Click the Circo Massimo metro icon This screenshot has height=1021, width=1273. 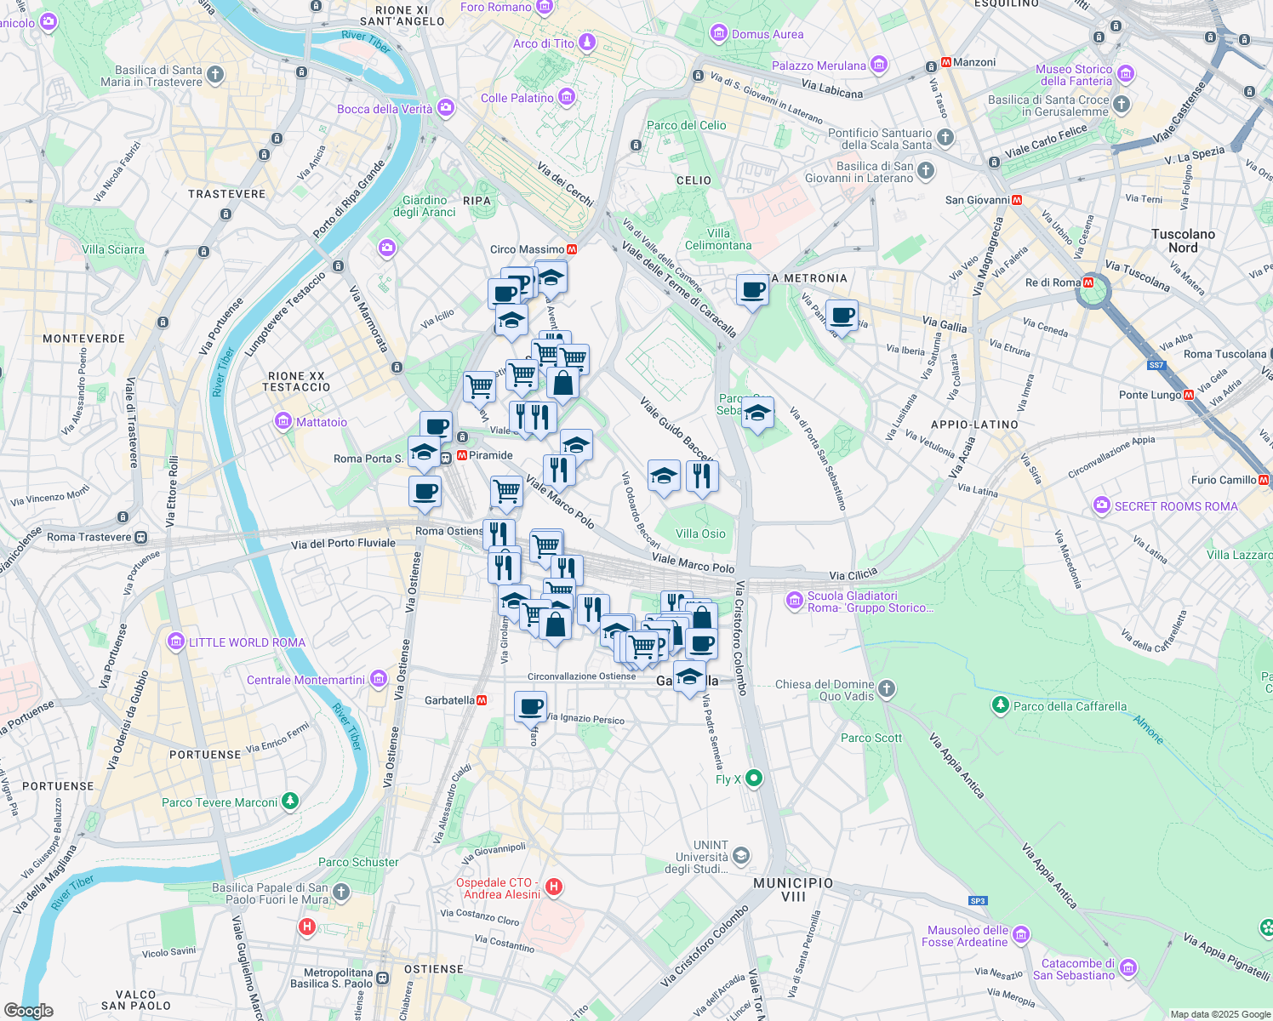(x=572, y=249)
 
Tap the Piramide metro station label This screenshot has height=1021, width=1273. (x=490, y=455)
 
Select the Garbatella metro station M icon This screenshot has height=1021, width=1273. (x=482, y=700)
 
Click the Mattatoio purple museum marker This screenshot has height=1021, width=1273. (x=283, y=422)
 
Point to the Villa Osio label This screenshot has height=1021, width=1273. (x=700, y=533)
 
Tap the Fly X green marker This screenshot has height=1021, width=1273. (x=753, y=779)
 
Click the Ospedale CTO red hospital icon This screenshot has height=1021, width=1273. (x=554, y=887)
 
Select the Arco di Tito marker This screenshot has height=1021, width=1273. (x=586, y=43)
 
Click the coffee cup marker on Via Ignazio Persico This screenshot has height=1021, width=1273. (x=530, y=707)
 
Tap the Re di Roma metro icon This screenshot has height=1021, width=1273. (x=1088, y=282)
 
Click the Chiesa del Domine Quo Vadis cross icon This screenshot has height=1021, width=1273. (x=887, y=689)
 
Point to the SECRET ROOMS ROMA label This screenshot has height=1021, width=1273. (x=1176, y=506)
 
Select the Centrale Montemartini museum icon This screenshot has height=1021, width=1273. (x=379, y=679)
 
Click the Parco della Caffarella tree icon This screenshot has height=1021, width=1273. (x=1001, y=705)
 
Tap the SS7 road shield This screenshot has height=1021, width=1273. (x=1156, y=365)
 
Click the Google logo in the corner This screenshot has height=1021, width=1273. (x=28, y=1010)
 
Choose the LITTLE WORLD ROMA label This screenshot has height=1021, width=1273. (x=247, y=642)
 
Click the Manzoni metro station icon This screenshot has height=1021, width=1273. (x=945, y=63)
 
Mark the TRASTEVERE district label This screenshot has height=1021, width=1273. (x=226, y=194)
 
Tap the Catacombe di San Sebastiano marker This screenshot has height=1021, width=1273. (x=1128, y=968)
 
